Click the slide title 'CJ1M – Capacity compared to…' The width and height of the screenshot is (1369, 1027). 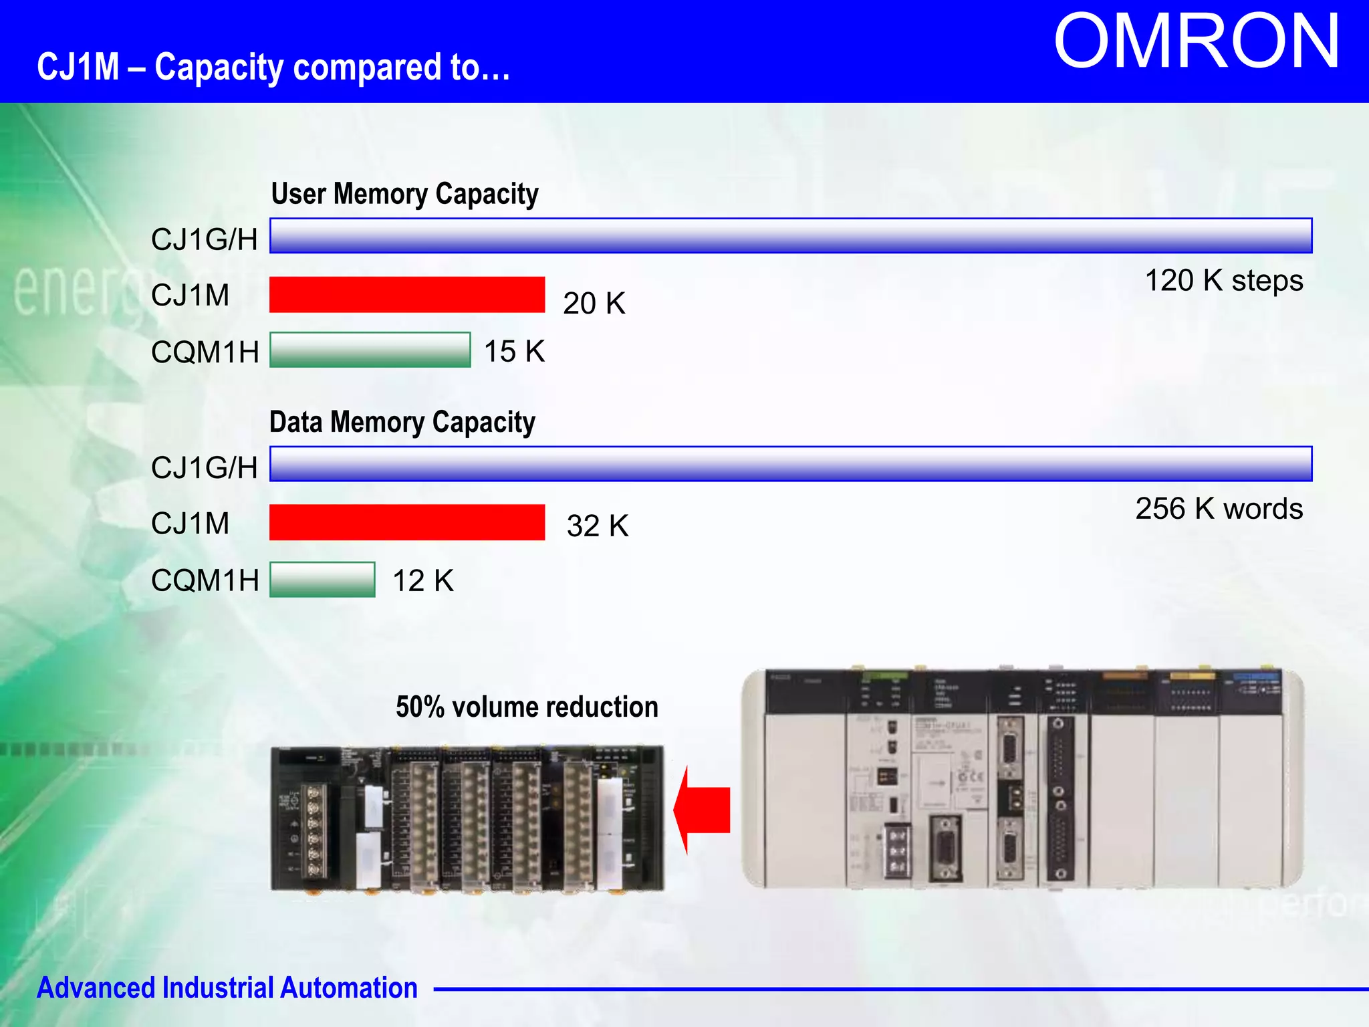273,68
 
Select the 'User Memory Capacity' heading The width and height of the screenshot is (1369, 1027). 404,194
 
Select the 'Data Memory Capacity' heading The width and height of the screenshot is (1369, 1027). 402,423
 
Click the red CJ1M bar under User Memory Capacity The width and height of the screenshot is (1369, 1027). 406,295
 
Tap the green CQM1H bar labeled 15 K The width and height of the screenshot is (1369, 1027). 370,350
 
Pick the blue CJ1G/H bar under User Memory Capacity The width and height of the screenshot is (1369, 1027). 790,236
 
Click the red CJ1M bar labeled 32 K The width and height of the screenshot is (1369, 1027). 406,522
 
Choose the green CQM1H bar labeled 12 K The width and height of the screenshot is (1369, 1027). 322,579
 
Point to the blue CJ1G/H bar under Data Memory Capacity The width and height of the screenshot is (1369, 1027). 790,464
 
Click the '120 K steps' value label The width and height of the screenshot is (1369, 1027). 1223,281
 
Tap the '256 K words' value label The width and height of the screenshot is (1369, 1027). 1219,509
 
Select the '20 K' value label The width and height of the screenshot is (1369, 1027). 594,304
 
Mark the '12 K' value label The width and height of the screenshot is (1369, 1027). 422,580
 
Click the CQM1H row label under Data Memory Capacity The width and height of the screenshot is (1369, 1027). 205,580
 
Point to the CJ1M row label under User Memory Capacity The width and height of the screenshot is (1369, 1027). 190,296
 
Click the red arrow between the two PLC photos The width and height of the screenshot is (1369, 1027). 702,810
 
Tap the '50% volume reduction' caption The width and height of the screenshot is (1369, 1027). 527,707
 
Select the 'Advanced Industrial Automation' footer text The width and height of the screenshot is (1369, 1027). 227,988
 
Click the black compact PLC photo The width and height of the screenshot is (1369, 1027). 467,819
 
